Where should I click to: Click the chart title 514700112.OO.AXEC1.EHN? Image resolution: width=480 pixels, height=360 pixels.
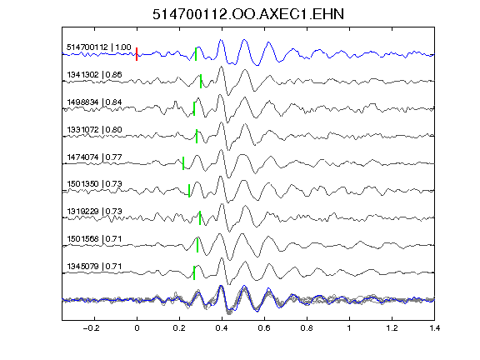tap(248, 14)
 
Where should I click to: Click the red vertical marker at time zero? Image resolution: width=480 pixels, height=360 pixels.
tap(137, 54)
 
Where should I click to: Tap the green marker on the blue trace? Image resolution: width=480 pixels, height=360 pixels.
tap(196, 54)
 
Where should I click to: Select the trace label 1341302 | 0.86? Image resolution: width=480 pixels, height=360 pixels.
tap(94, 75)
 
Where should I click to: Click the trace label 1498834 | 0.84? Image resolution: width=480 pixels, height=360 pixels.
tap(94, 102)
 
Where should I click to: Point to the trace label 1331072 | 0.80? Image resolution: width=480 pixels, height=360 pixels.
tap(94, 129)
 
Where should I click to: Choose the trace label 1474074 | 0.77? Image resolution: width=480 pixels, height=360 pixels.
tap(94, 157)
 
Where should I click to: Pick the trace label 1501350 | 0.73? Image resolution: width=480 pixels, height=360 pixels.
tap(94, 183)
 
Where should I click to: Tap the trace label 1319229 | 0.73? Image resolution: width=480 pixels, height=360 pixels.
tap(94, 211)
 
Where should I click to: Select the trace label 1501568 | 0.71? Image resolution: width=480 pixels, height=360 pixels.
tap(94, 238)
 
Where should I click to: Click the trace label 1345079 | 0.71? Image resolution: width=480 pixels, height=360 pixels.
tap(94, 266)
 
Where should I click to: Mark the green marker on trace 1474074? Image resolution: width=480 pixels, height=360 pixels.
tap(183, 163)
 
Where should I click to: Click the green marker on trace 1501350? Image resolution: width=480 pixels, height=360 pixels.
tap(189, 191)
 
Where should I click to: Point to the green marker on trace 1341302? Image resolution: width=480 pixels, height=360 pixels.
tap(201, 81)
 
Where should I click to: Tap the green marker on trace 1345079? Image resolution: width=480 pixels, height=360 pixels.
tap(194, 272)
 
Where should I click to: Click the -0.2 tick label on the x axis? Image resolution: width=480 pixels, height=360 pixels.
tap(91, 328)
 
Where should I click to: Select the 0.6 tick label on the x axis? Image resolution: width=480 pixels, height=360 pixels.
tap(264, 328)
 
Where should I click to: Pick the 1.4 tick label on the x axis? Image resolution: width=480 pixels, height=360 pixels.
tap(434, 328)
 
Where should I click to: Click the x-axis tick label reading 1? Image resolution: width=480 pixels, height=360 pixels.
tap(349, 328)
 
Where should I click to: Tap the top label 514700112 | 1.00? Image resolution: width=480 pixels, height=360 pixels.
tap(99, 47)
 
